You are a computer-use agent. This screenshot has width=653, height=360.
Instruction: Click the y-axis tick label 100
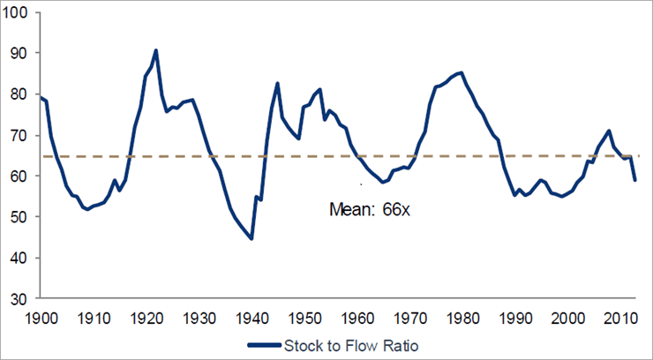[19, 11]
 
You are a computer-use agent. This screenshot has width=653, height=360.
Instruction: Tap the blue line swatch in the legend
[265, 347]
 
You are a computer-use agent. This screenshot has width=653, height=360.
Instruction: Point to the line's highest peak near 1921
[156, 50]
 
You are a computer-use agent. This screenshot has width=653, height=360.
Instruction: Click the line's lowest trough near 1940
[251, 238]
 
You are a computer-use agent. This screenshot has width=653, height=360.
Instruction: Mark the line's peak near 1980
[462, 72]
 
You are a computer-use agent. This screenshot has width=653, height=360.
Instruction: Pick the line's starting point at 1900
[41, 97]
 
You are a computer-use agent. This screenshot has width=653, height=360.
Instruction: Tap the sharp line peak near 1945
[278, 84]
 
